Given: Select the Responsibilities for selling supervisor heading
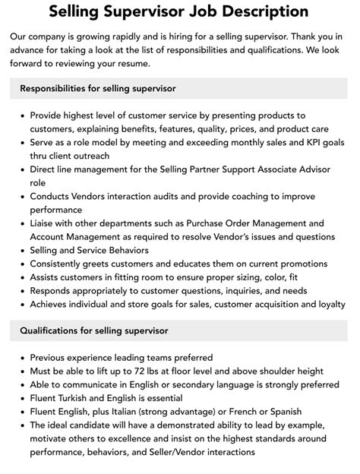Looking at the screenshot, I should click(98, 89).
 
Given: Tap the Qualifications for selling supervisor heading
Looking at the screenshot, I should click(94, 330).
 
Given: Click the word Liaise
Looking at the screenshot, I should click(46, 223).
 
